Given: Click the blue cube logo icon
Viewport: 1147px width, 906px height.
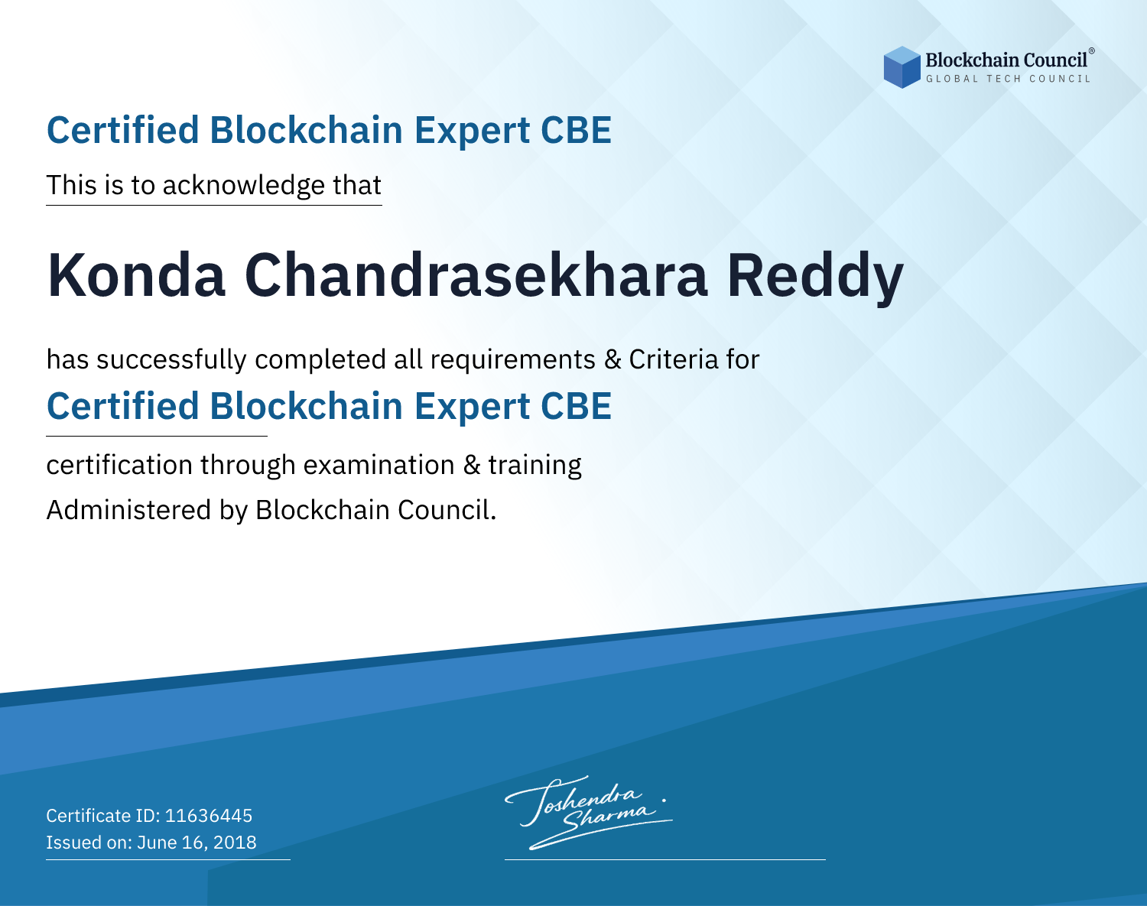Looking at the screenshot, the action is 902,67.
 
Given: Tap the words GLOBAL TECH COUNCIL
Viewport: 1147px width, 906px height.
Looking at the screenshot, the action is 1009,79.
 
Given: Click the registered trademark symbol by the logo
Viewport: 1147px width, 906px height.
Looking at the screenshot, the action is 1092,51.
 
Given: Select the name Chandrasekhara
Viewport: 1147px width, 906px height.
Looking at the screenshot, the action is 476,275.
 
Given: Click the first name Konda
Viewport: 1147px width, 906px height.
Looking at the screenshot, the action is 136,275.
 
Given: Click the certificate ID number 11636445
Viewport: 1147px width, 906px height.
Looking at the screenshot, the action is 209,815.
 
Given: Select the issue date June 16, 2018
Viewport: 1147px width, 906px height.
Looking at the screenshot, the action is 197,843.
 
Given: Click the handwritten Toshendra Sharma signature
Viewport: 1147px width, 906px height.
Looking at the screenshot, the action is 589,813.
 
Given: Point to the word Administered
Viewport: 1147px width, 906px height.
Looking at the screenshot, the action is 129,510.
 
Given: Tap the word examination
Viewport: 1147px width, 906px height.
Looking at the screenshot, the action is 379,465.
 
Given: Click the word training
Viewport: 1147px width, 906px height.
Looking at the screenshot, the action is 535,466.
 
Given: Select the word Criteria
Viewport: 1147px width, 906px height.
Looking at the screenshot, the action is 674,359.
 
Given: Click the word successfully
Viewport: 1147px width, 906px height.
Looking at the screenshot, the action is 171,360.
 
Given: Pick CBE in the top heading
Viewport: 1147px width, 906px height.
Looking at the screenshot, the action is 576,130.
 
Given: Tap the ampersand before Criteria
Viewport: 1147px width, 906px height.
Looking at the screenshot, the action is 613,360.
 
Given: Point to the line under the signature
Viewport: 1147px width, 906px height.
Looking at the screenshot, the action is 664,859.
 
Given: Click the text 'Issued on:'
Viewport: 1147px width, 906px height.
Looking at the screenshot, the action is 89,843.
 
